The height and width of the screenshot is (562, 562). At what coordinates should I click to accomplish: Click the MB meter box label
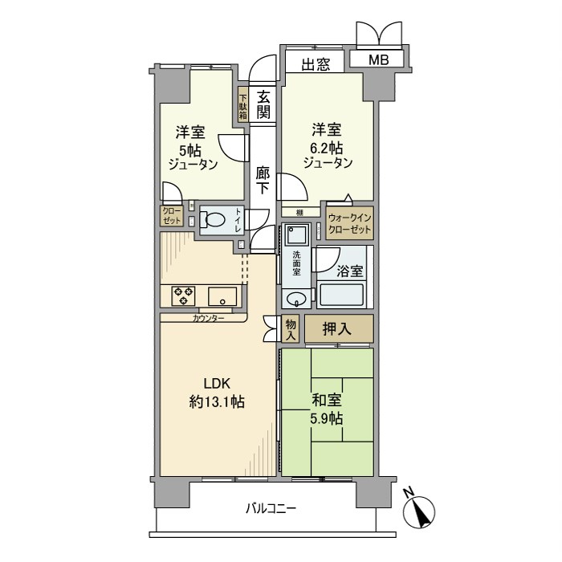point(378,60)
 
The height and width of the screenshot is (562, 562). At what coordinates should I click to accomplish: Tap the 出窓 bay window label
point(316,64)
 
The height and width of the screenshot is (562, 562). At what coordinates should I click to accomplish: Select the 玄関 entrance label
point(263,104)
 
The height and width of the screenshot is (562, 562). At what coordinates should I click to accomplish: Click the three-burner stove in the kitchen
point(183,295)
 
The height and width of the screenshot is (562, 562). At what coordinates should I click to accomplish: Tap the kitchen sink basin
point(222,296)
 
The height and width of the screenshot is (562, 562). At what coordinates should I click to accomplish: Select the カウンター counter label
point(208,318)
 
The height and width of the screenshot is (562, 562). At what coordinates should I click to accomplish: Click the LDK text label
point(217,384)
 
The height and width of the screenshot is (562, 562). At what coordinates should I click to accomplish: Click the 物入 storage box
point(290,328)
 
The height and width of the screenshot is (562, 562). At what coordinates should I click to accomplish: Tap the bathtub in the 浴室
point(342,295)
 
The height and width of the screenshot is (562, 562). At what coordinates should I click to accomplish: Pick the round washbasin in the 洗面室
point(296,299)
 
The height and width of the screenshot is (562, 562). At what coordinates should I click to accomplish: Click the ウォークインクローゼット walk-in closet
point(349,223)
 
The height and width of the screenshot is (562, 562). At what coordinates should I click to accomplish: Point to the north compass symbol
point(419,509)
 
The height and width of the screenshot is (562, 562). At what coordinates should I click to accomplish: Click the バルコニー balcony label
point(271,508)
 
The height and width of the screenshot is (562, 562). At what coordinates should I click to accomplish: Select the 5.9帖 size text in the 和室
point(326,418)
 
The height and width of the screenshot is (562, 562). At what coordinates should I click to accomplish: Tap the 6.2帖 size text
point(326,147)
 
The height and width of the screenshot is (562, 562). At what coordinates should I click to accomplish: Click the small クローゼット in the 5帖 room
point(172,215)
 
